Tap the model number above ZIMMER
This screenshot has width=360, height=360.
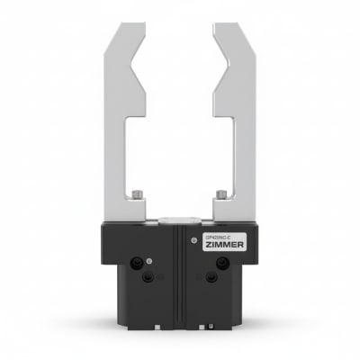pyautogui.click(x=211, y=236)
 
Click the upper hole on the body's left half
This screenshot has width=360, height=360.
pyautogui.click(x=137, y=263)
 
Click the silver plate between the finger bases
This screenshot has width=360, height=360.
pyautogui.click(x=179, y=219)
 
